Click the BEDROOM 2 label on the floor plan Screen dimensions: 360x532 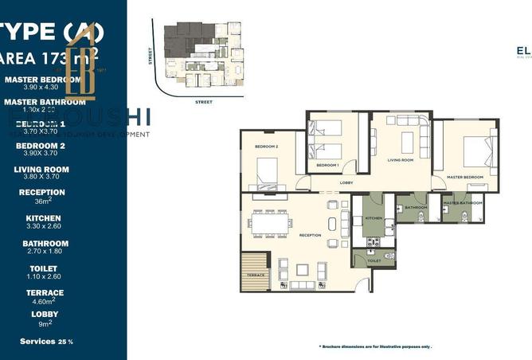click(x=266, y=147)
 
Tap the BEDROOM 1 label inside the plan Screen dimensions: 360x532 click(x=327, y=165)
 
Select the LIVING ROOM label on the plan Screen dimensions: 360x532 click(x=401, y=160)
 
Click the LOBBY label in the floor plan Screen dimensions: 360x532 click(x=346, y=182)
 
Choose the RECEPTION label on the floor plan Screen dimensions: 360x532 click(x=310, y=235)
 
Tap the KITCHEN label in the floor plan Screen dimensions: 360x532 click(x=374, y=217)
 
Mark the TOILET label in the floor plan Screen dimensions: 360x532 click(x=374, y=260)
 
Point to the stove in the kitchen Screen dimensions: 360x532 click(x=372, y=241)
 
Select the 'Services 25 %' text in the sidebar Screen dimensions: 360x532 click(x=46, y=341)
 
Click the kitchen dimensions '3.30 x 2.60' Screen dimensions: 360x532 click(x=43, y=227)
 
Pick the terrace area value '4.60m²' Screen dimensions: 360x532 click(x=43, y=302)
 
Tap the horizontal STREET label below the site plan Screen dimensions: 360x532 click(x=204, y=102)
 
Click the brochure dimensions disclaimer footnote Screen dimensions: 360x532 click(x=375, y=347)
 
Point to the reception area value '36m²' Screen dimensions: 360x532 click(x=43, y=202)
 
